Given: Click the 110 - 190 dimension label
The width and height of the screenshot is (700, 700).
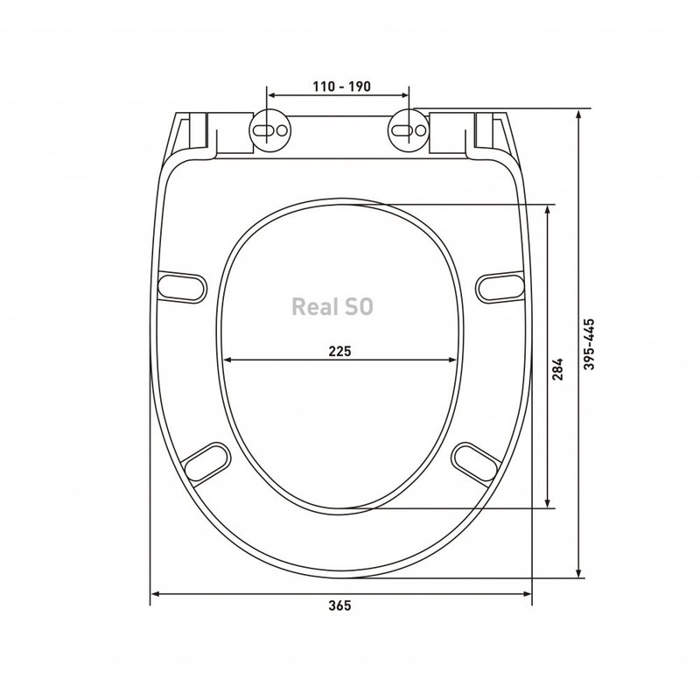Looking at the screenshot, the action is point(341,86).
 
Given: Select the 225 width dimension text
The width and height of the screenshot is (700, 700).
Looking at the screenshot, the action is point(339,352).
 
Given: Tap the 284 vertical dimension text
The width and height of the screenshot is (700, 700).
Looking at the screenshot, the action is point(557,368).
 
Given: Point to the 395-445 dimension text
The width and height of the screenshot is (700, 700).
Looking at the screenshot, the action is point(589,344).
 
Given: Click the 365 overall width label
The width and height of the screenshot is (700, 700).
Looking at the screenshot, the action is point(339,605).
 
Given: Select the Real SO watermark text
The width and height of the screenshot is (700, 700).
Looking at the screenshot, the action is point(332,307).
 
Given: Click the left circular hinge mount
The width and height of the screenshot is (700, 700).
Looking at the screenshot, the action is point(269,130).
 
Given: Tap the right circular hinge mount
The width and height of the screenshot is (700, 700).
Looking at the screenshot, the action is point(409,130).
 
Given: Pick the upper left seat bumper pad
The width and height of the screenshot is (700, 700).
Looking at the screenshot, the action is point(183,287).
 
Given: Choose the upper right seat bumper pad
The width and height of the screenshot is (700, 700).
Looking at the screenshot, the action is point(500,287).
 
